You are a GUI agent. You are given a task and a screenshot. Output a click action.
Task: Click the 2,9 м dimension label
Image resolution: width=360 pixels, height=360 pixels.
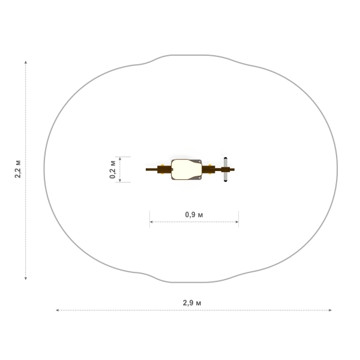click(192, 303)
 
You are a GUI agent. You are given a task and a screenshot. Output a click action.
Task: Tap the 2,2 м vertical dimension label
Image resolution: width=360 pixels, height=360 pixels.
click(17, 169)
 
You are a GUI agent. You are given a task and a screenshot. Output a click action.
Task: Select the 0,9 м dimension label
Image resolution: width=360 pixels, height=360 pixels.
click(194, 215)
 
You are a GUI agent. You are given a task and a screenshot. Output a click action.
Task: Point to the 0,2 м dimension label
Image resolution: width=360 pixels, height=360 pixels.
click(112, 169)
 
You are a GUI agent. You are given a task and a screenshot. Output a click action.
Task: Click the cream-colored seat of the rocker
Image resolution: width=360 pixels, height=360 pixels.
click(186, 169)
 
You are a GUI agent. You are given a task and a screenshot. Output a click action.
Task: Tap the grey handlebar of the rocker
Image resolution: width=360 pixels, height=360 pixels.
click(226, 169)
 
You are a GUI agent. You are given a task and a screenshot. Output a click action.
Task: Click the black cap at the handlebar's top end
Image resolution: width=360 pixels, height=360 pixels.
click(226, 158)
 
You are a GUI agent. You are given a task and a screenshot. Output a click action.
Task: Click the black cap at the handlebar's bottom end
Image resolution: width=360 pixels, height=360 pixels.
click(226, 181)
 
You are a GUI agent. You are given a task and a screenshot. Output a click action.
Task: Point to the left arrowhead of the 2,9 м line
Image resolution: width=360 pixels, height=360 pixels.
click(58, 310)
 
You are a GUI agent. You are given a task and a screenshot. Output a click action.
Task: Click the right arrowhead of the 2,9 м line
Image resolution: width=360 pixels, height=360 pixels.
click(330, 310)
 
